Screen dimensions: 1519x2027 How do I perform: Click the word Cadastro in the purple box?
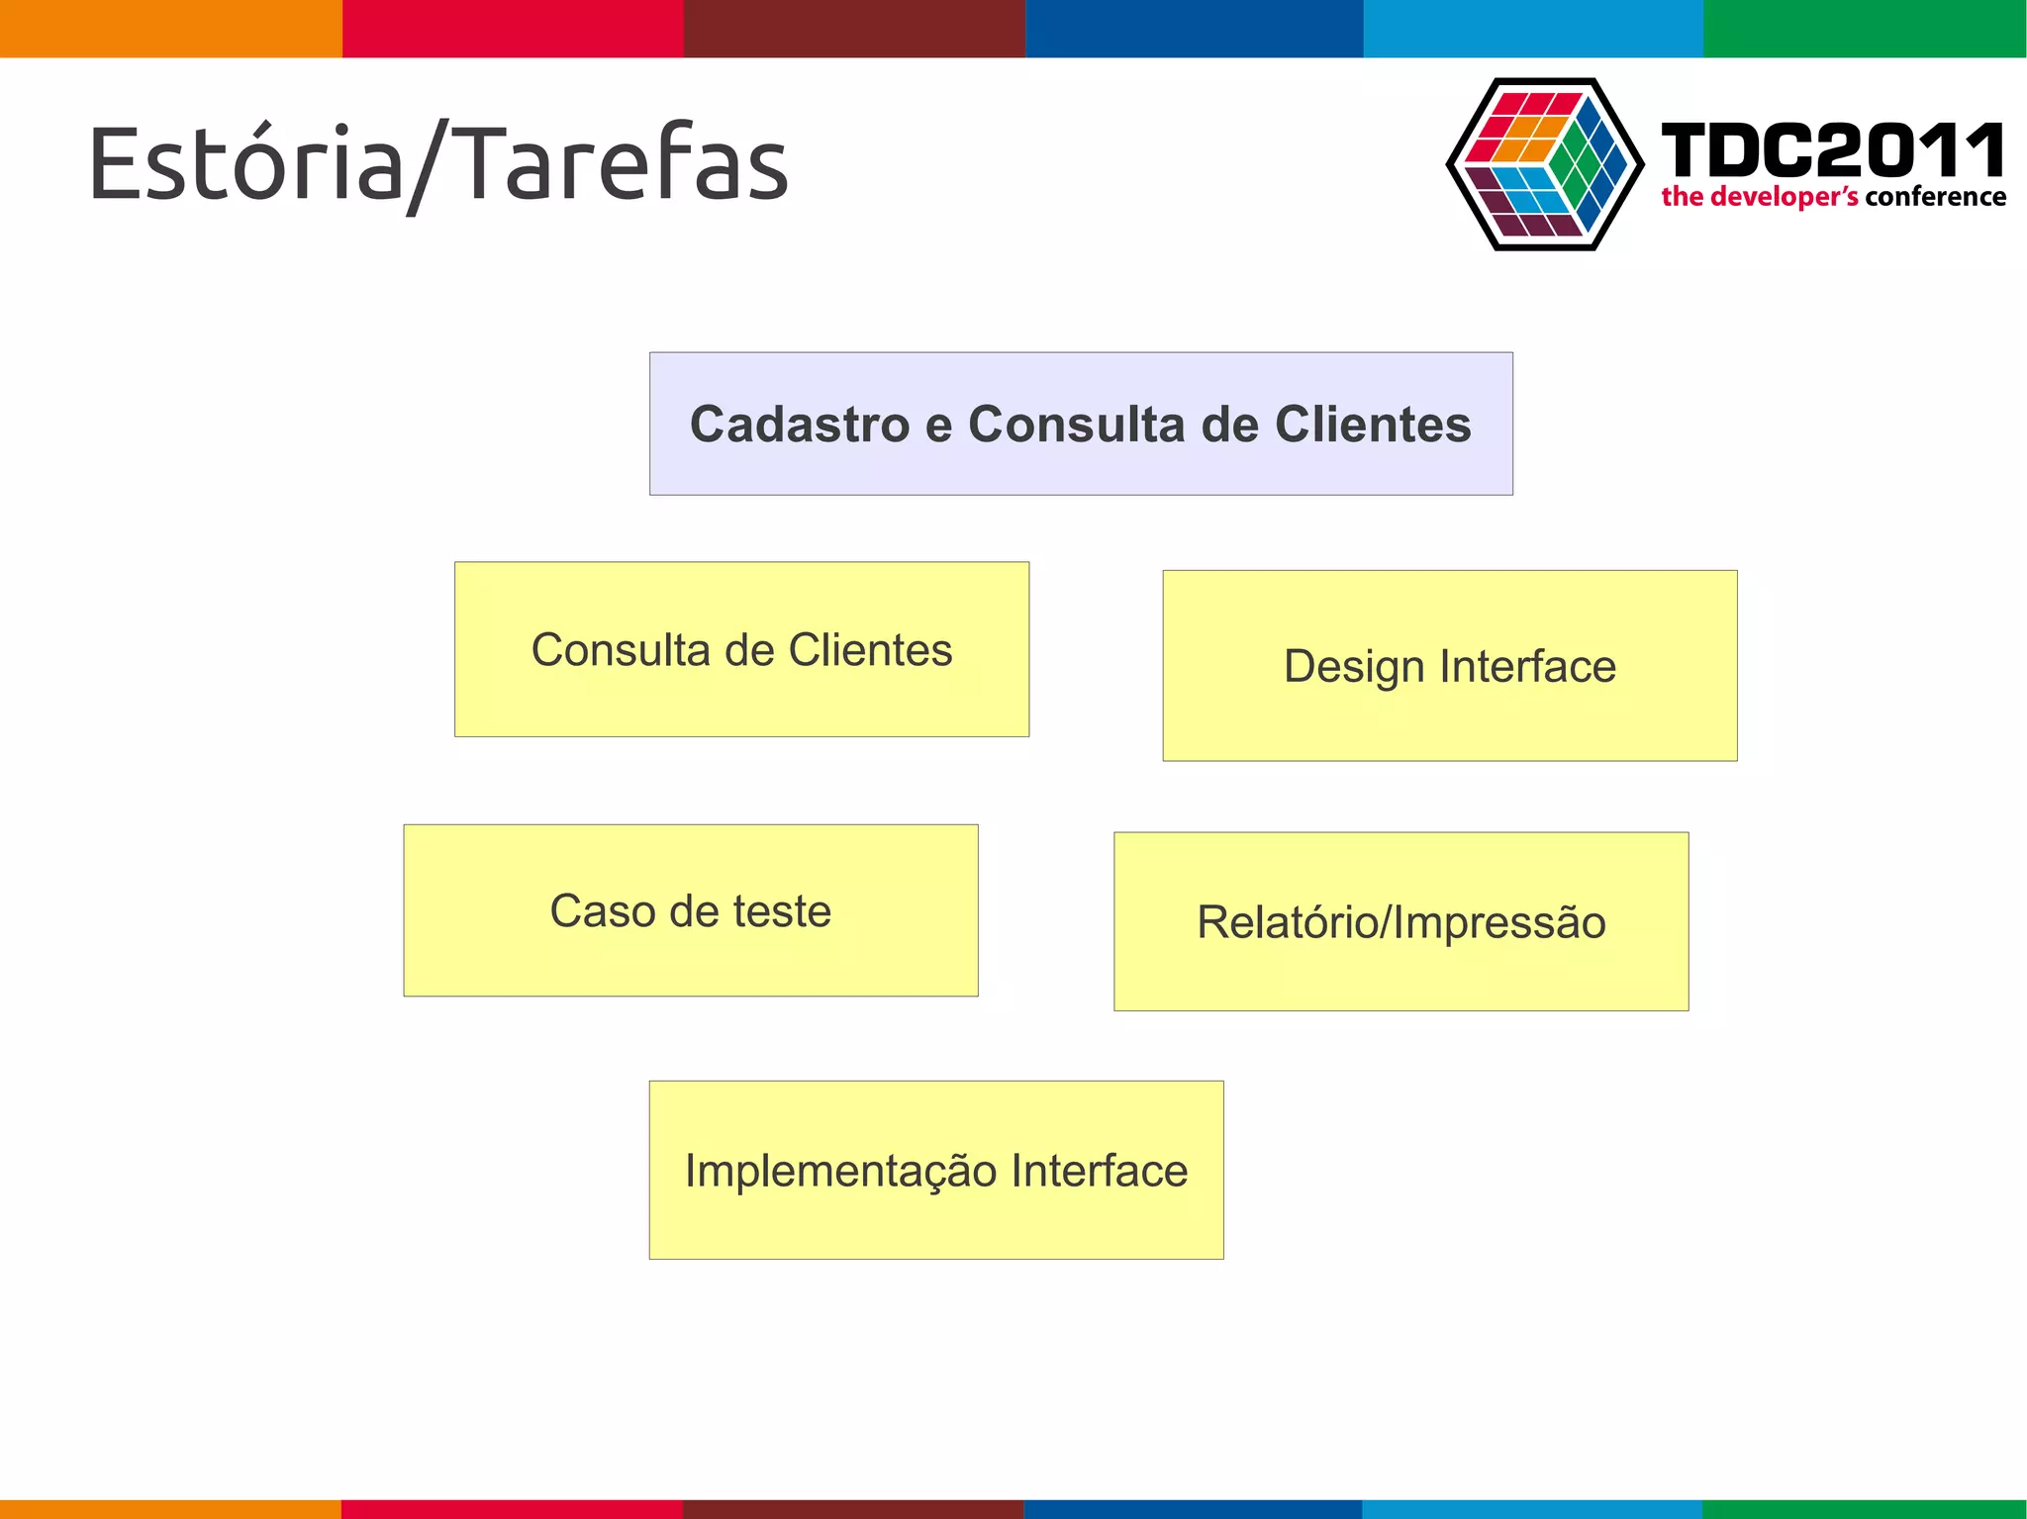(x=799, y=425)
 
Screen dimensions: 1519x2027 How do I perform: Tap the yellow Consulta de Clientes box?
(x=741, y=650)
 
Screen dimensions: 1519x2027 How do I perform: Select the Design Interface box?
(x=1449, y=666)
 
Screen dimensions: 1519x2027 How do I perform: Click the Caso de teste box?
(x=690, y=910)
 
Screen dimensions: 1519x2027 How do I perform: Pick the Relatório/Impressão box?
(x=1400, y=921)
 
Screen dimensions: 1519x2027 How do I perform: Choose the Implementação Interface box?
(x=935, y=1170)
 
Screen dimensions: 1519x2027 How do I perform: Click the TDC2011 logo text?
(x=1832, y=151)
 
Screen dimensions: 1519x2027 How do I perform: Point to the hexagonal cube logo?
(x=1544, y=164)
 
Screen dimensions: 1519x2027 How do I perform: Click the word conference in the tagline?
(x=1935, y=197)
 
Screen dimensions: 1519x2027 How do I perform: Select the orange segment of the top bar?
(x=170, y=28)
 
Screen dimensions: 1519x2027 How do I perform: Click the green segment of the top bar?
(x=1865, y=28)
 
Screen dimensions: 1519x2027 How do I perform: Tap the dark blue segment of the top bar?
(x=1194, y=28)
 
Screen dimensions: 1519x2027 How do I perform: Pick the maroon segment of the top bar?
(x=853, y=28)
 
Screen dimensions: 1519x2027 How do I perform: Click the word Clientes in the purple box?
(x=1372, y=425)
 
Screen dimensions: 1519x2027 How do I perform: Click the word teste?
(x=781, y=911)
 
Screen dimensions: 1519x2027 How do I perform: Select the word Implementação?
(x=840, y=1171)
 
